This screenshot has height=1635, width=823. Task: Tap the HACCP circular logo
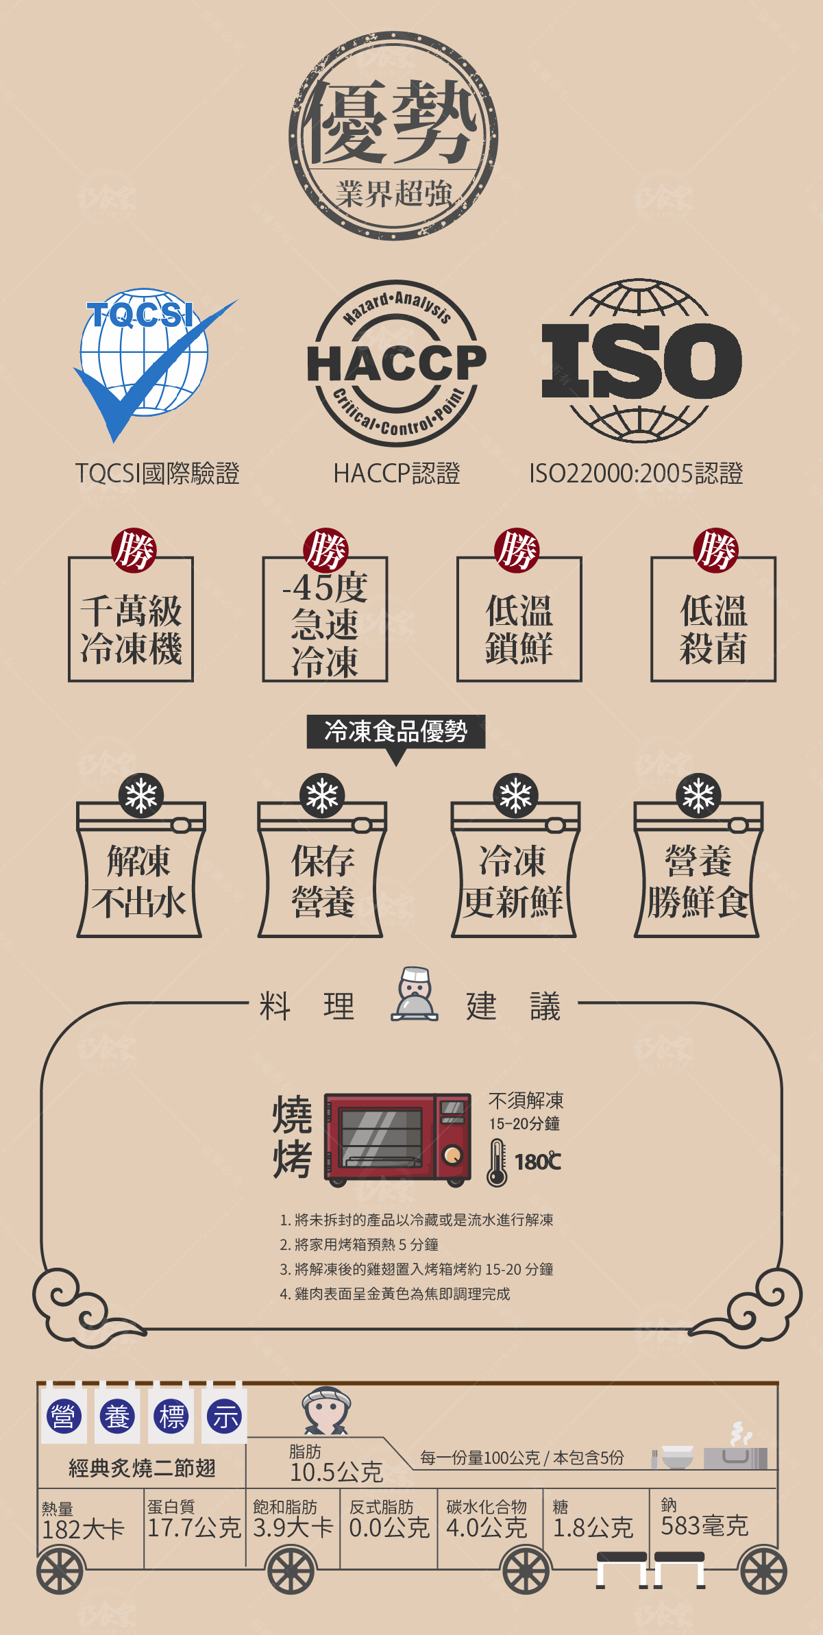pos(396,363)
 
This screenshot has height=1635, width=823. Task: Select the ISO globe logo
pos(641,360)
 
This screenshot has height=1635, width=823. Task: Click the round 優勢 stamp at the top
pos(393,136)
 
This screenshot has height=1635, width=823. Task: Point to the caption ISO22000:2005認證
pos(636,474)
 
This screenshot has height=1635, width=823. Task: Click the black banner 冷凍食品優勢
pos(396,731)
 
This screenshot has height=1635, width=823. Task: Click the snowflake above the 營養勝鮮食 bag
pos(698,796)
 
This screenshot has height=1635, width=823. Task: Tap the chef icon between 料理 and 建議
pos(415,994)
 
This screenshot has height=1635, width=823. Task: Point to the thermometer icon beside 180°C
pos(497,1162)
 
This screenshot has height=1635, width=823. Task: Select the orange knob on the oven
pos(452,1156)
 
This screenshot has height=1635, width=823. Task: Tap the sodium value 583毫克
pos(704,1525)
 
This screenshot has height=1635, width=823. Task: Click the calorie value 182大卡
pos(84,1529)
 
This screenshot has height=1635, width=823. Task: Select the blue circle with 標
pos(171,1416)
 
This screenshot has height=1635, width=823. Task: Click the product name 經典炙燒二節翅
pos(142,1468)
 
